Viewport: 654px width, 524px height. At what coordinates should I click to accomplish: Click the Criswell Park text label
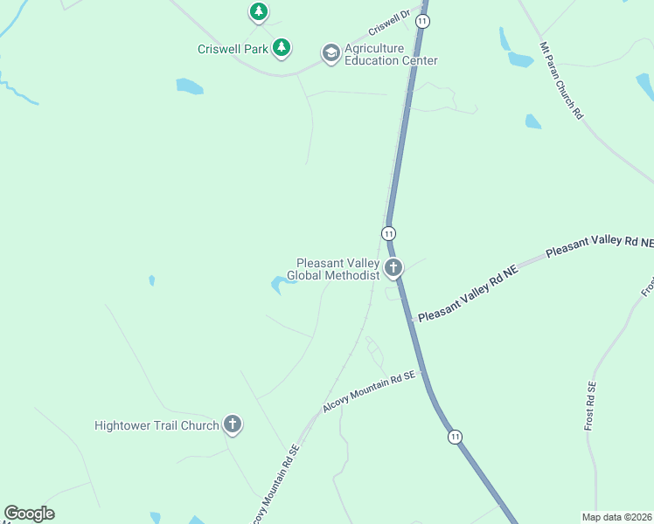point(233,49)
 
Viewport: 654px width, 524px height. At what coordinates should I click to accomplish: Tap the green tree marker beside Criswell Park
point(281,48)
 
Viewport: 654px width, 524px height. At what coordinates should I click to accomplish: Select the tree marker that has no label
point(258,11)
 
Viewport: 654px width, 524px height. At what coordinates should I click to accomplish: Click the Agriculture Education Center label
point(390,54)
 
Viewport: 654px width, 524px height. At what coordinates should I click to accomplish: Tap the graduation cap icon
point(330,53)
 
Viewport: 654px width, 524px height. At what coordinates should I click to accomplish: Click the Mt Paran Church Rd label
point(561,80)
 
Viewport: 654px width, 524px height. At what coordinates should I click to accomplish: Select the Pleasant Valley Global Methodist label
point(337,268)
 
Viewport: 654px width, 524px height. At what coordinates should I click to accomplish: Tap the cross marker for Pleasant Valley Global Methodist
point(393,267)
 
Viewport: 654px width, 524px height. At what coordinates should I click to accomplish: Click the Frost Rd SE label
point(591,407)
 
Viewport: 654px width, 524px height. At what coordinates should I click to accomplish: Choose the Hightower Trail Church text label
point(156,425)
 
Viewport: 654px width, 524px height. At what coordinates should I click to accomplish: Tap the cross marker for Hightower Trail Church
point(232,425)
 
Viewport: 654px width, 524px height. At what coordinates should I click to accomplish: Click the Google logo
point(30,514)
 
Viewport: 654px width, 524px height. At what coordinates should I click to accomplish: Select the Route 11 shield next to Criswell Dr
point(423,20)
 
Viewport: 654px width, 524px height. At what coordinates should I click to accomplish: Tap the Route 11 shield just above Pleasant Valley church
point(388,233)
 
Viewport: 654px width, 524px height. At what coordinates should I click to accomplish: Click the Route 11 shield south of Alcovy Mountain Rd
point(455,436)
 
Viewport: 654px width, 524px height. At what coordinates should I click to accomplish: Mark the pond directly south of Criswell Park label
point(189,86)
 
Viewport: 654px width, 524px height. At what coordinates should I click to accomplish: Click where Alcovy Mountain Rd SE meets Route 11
point(422,371)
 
